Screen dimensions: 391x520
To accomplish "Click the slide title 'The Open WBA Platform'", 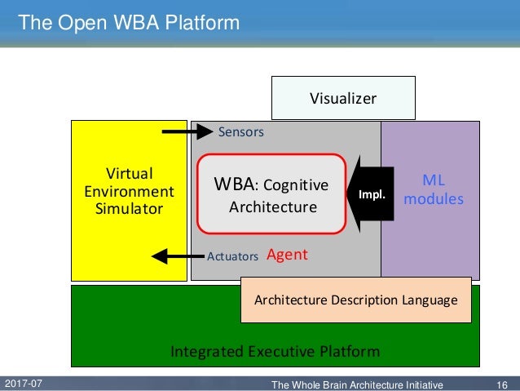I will click(x=129, y=22).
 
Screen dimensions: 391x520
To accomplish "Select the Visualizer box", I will click(x=343, y=98).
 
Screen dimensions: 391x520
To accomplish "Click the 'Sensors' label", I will click(x=240, y=131).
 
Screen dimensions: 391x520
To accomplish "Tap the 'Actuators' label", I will click(x=232, y=256).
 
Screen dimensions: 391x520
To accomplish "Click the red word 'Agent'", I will click(x=287, y=255).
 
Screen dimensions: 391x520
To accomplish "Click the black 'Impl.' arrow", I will click(x=372, y=194).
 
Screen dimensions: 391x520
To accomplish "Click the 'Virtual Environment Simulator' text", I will click(x=129, y=191).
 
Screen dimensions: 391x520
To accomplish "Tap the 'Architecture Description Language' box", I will click(x=355, y=300).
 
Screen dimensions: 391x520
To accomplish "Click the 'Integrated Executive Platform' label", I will click(x=275, y=352).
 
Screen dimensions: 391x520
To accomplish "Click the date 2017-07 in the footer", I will click(x=24, y=383).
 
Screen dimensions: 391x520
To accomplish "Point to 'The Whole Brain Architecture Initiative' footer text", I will click(x=357, y=384).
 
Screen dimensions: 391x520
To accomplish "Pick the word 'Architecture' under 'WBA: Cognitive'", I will click(x=272, y=207).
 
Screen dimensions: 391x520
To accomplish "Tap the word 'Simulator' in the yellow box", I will click(x=129, y=209).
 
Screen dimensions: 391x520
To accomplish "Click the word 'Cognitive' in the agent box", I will click(x=297, y=185).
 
